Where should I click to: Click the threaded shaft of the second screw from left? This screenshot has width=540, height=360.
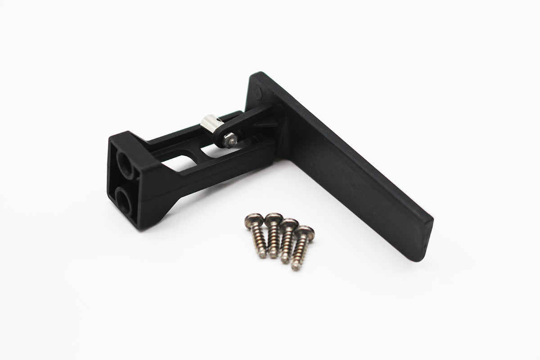(x=274, y=241)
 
